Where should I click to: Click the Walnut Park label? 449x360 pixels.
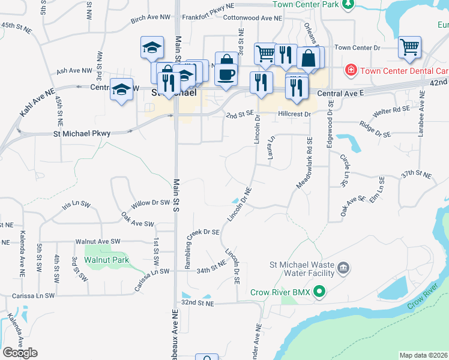click(107, 260)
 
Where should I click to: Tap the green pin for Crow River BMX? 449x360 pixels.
click(320, 292)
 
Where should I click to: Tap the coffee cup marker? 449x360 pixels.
click(226, 74)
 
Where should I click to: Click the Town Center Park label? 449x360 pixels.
click(306, 4)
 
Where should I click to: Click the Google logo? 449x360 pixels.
click(20, 353)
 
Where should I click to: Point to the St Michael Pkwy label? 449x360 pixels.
click(82, 133)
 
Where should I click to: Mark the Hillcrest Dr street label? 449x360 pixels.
click(294, 114)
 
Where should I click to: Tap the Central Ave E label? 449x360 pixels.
click(340, 93)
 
